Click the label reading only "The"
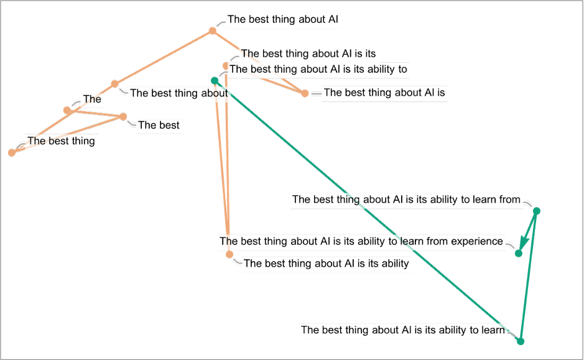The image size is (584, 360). [x=91, y=99]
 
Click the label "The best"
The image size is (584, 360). [x=159, y=125]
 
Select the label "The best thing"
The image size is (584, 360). [x=61, y=141]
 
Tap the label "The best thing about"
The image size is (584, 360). [x=179, y=93]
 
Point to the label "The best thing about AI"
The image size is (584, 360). [x=283, y=19]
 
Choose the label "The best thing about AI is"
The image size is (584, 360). [x=384, y=93]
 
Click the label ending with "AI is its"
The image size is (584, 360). [x=308, y=54]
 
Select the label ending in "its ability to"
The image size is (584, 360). [x=318, y=69]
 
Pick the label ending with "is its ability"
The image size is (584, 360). [x=327, y=264]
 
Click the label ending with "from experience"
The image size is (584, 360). [x=361, y=241]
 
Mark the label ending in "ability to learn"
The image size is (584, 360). [x=402, y=330]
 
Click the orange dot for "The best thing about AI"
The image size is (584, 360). [x=212, y=30]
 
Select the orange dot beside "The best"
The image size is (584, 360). [x=123, y=116]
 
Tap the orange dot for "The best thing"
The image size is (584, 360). [x=11, y=152]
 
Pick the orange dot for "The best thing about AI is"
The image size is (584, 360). [x=305, y=94]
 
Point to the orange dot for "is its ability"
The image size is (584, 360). [x=229, y=255]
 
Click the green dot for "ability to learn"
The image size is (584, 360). [x=521, y=341]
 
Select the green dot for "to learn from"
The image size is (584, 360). [x=537, y=211]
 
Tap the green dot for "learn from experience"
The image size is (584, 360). [x=518, y=253]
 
